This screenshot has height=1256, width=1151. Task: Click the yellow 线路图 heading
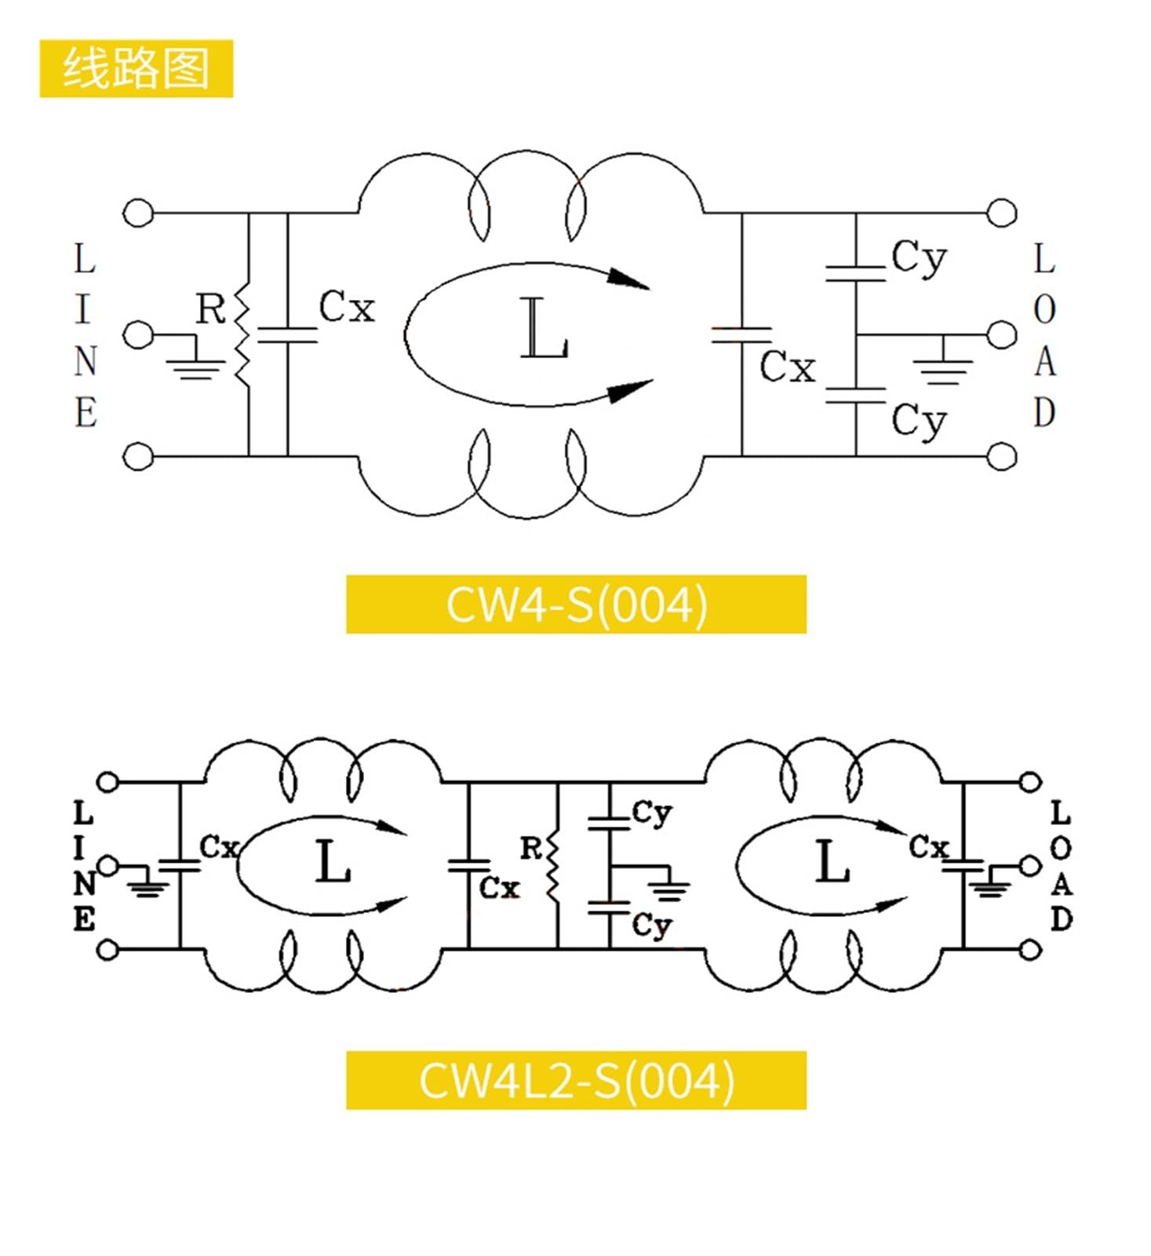click(x=136, y=68)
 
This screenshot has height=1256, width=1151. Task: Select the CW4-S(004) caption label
click(x=576, y=604)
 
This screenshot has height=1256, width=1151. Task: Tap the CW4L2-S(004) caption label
click(x=576, y=1080)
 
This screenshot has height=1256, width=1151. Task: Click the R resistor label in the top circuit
click(x=211, y=309)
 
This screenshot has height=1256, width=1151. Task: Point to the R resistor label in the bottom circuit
click(x=531, y=848)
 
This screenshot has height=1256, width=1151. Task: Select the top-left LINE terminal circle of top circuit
click(x=138, y=213)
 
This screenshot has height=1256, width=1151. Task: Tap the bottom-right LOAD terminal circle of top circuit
click(x=1001, y=456)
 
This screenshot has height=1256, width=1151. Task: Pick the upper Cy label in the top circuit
click(x=919, y=258)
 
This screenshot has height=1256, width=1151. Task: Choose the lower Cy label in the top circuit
click(x=919, y=422)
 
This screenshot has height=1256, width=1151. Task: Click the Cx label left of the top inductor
click(x=347, y=307)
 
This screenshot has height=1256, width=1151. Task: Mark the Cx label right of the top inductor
click(x=788, y=367)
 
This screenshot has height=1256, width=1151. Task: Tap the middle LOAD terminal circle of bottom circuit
click(x=1030, y=866)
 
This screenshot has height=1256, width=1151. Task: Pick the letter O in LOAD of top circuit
click(x=1044, y=310)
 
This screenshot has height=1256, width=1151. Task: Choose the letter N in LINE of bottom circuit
click(x=85, y=884)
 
